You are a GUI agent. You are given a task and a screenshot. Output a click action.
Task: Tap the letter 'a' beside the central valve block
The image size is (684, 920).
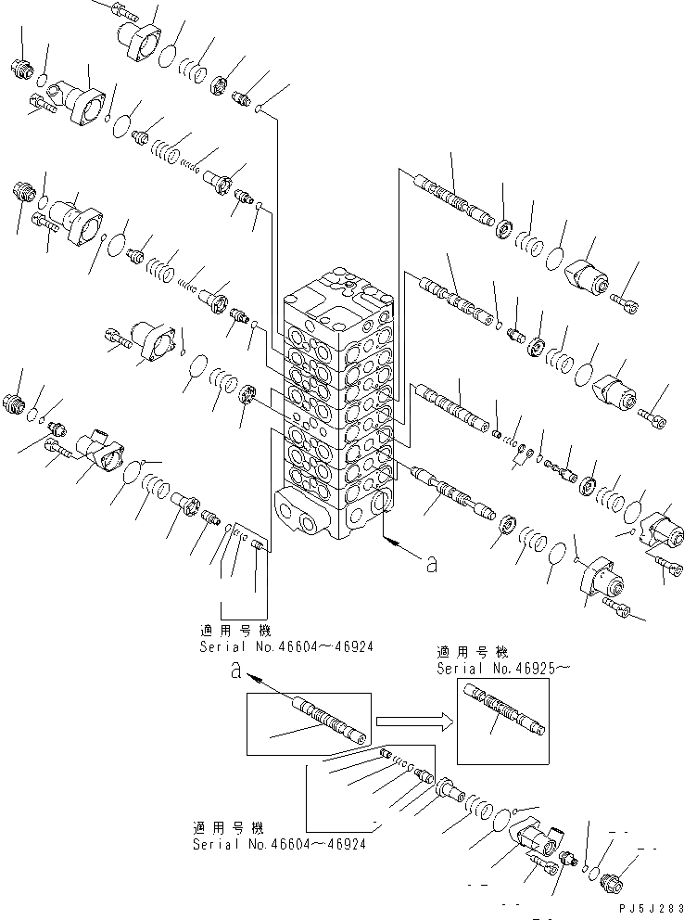click(429, 565)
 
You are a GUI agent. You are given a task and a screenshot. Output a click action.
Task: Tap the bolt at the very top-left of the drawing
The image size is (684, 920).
click(120, 12)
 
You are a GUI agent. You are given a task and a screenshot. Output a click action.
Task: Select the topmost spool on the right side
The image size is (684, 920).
click(459, 198)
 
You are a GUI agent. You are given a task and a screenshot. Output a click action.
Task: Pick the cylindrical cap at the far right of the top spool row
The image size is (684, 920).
click(589, 272)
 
